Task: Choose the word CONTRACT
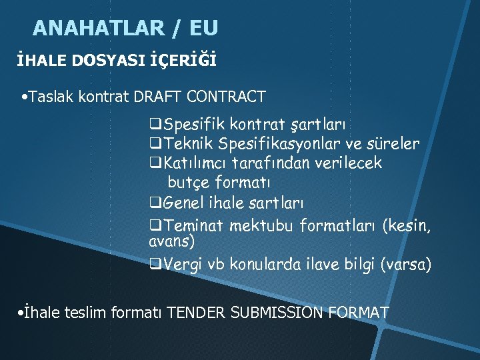point(227,97)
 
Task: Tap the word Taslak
point(52,97)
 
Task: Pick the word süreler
point(395,143)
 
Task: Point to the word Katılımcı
point(197,163)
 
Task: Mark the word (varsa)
point(406,265)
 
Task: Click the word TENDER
point(197,311)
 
